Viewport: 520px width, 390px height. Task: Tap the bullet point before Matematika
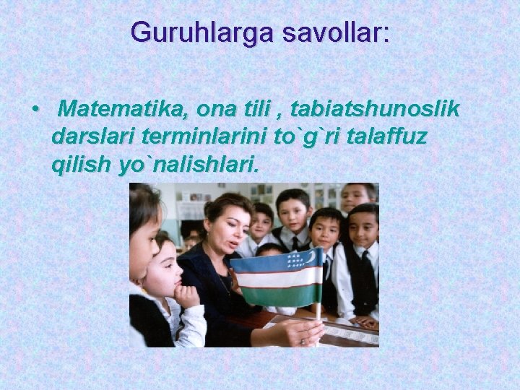tap(35, 110)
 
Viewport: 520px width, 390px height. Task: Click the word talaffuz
tap(389, 136)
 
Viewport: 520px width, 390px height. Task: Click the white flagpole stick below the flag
tap(318, 318)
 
